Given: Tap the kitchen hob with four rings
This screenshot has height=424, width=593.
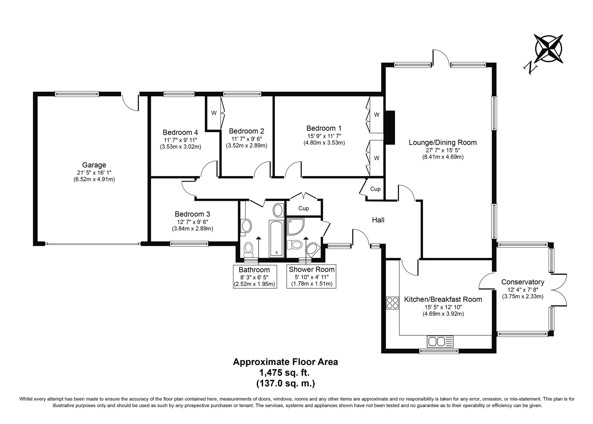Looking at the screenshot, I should point(392,303).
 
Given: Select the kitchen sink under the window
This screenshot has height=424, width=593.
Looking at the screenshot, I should point(440,342).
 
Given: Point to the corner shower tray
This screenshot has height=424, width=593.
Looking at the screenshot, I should point(296,227).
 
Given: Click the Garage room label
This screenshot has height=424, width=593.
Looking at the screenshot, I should point(94,165).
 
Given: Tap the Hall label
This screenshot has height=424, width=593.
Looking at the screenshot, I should point(378,220).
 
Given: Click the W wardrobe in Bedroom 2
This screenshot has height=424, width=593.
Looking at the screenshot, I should point(214,113).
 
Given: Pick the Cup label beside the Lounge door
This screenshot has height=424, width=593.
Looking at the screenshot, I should point(375,189).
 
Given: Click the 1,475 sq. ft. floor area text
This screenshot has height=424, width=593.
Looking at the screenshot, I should point(284,373).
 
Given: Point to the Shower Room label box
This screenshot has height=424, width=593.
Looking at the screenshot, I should point(311,276).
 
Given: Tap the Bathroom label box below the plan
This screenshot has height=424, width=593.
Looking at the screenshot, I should point(254,276).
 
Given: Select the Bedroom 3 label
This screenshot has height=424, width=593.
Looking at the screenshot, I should point(192,214).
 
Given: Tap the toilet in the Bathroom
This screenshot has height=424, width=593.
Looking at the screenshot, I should point(248,249).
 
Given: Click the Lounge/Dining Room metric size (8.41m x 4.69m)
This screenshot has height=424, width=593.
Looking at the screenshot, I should point(443,157).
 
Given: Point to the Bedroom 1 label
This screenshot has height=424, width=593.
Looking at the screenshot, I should point(324,128).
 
